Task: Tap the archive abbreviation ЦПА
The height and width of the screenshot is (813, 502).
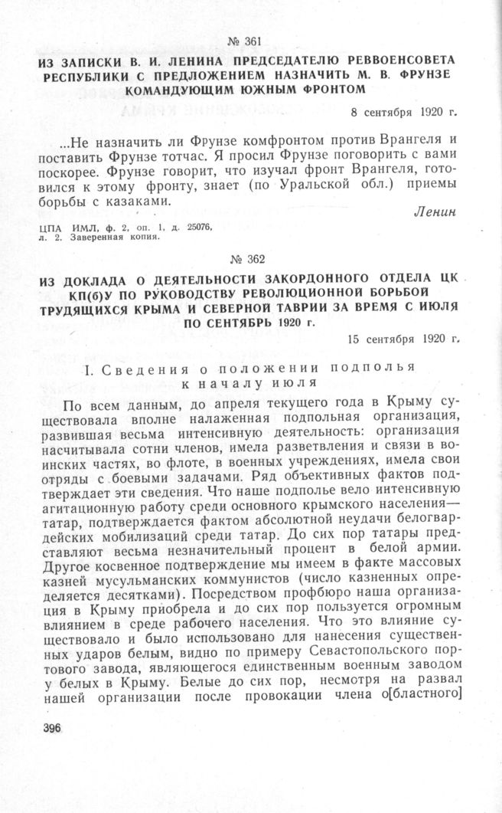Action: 50,228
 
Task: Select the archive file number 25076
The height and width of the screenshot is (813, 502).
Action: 191,228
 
